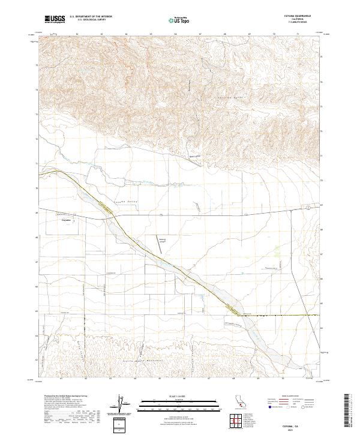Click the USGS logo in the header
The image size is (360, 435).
click(54, 19)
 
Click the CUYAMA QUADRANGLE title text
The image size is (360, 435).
click(293, 16)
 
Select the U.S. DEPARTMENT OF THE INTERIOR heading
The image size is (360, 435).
click(91, 17)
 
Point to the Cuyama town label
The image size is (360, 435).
click(67, 220)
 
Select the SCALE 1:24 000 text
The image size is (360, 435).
click(179, 396)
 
